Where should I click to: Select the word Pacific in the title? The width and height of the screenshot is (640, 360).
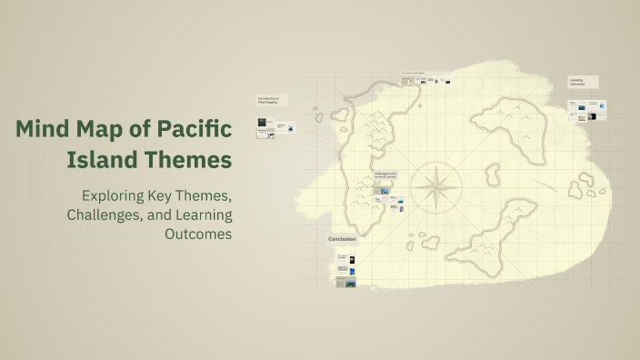pyautogui.click(x=195, y=129)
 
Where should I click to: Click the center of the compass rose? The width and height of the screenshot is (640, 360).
pyautogui.click(x=435, y=188)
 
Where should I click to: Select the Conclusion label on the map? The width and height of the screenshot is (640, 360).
pyautogui.click(x=343, y=240)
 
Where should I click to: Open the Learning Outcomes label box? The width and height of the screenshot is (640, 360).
pyautogui.click(x=583, y=81)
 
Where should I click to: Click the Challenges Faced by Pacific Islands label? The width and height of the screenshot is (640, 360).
pyautogui.click(x=386, y=175)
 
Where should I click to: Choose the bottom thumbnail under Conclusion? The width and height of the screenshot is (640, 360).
pyautogui.click(x=345, y=283)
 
